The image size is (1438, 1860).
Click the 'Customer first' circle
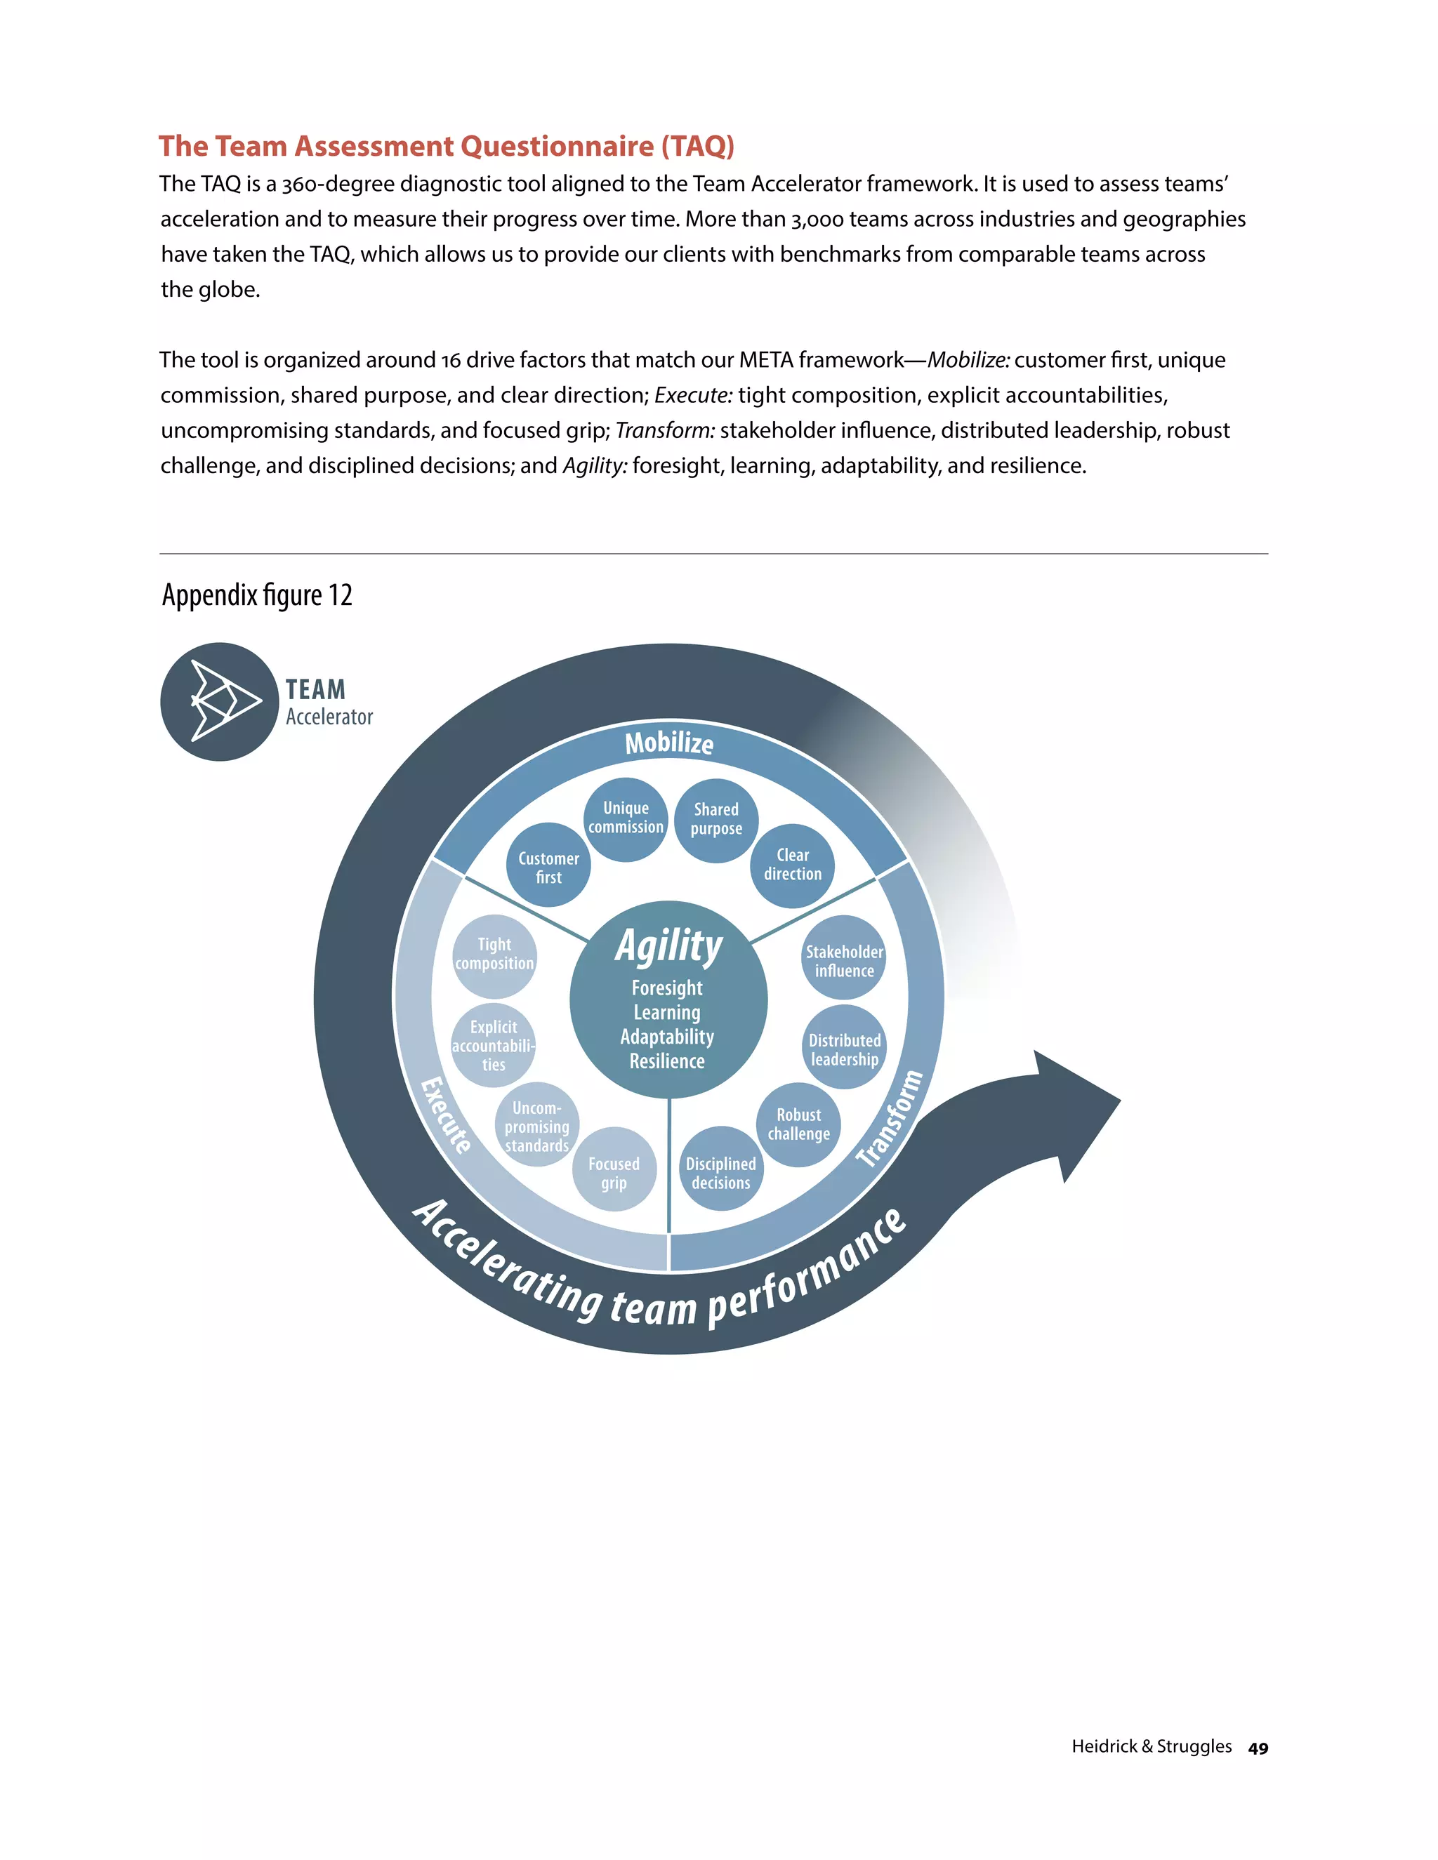(x=548, y=865)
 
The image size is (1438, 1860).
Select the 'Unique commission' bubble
(x=626, y=818)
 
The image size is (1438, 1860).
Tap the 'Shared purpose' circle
(x=715, y=820)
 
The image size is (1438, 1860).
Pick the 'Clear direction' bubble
(x=792, y=865)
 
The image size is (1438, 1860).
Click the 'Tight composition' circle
(x=494, y=955)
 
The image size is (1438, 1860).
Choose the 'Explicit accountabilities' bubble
(x=493, y=1046)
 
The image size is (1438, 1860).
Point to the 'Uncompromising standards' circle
(x=536, y=1125)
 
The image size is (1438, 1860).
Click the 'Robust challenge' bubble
(x=798, y=1125)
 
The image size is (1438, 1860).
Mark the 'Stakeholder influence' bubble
(x=843, y=958)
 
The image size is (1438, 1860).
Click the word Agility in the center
(x=668, y=946)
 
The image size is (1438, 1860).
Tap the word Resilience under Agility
(x=667, y=1061)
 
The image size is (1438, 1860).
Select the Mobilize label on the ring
(x=670, y=743)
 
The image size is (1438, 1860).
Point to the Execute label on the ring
(x=446, y=1116)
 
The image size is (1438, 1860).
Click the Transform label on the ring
(x=890, y=1118)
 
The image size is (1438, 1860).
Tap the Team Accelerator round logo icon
(x=220, y=702)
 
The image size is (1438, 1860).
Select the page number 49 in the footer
(x=1258, y=1748)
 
